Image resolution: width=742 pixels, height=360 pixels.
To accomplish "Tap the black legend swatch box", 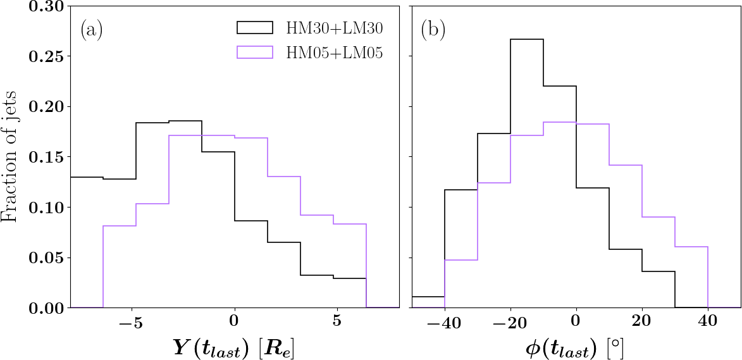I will coord(254,27).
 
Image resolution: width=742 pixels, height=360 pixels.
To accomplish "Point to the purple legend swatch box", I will coord(254,53).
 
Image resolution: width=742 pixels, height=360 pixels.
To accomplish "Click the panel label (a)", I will coord(91,30).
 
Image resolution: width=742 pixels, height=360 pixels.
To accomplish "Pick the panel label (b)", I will coord(432,30).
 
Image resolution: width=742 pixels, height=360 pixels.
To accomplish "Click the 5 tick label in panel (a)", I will coord(337,322).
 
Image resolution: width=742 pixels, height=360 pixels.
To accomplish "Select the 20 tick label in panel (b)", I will coord(642,322).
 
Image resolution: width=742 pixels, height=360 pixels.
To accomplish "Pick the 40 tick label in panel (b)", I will coord(708,322).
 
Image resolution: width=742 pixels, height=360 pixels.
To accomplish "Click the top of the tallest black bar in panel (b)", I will coord(527,39).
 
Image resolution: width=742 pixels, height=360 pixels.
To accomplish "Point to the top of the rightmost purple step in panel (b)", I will coord(691,247).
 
